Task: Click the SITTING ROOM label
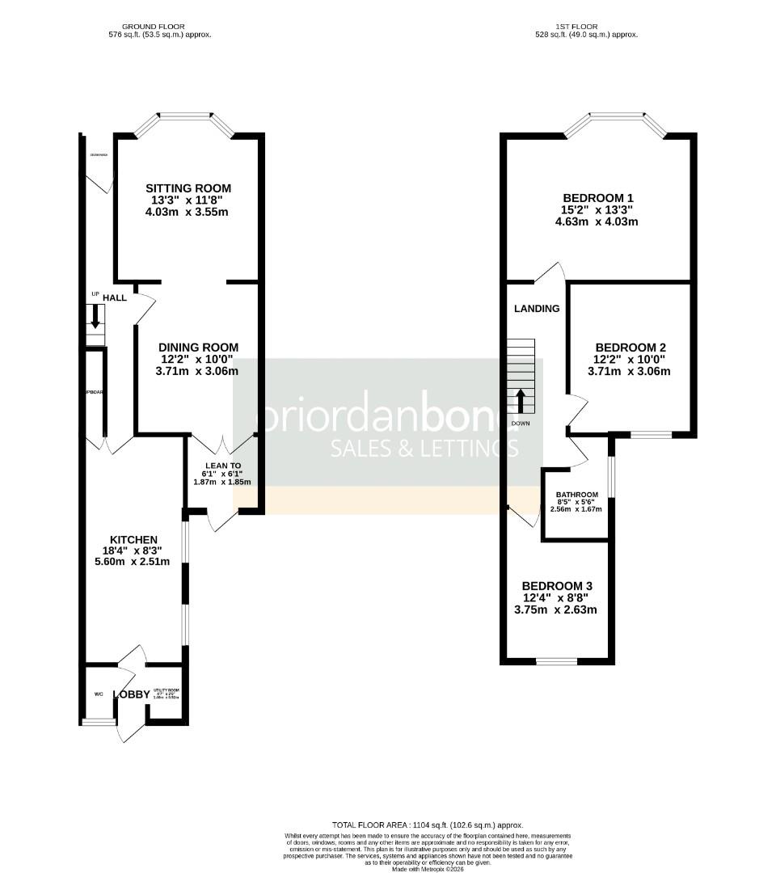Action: pos(188,188)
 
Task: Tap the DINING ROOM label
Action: pos(198,348)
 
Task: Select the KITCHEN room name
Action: pos(134,540)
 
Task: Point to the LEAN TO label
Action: pos(222,466)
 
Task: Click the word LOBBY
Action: pos(131,694)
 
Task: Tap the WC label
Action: pos(99,694)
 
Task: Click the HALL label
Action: pos(115,297)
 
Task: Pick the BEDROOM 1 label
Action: pos(597,197)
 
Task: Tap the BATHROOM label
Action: pos(576,495)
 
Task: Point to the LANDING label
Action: pos(537,308)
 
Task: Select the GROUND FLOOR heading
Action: pos(159,27)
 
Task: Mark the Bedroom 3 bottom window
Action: pos(556,662)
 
